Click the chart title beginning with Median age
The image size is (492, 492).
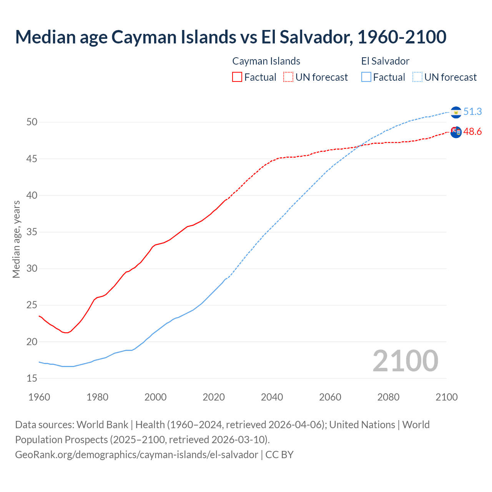coord(231,37)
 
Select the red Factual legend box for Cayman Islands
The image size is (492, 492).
coord(237,77)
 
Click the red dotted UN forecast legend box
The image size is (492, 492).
coord(288,77)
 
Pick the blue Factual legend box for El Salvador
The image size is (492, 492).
coord(366,77)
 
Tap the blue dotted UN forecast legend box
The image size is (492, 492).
coord(417,77)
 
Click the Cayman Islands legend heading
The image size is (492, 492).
coord(266,61)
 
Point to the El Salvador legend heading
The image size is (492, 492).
coord(385,61)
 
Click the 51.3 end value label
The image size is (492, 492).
coord(472,111)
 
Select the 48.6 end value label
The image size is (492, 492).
coord(472,132)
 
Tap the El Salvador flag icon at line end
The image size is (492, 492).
coord(456,112)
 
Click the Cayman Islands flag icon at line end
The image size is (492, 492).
coord(456,132)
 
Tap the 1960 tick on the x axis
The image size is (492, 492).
coord(39,397)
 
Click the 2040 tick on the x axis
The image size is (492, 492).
coord(272,397)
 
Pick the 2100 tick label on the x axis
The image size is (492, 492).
coord(446,397)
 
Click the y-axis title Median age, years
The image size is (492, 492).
coord(16,239)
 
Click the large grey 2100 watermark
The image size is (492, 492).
coord(405,361)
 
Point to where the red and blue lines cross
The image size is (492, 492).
coord(360,145)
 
